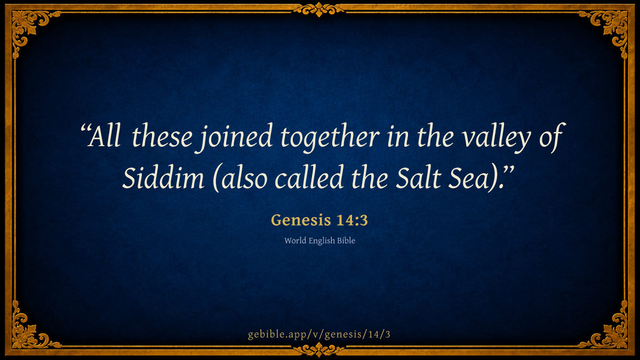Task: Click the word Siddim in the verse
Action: [x=163, y=178]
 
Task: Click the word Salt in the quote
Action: [x=418, y=178]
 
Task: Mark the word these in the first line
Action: [x=162, y=136]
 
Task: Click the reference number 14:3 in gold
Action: [x=351, y=220]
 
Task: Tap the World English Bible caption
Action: [x=319, y=241]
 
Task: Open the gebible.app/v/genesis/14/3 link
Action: [x=319, y=334]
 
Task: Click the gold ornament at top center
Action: [x=319, y=10]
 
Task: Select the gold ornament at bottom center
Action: [x=319, y=350]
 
